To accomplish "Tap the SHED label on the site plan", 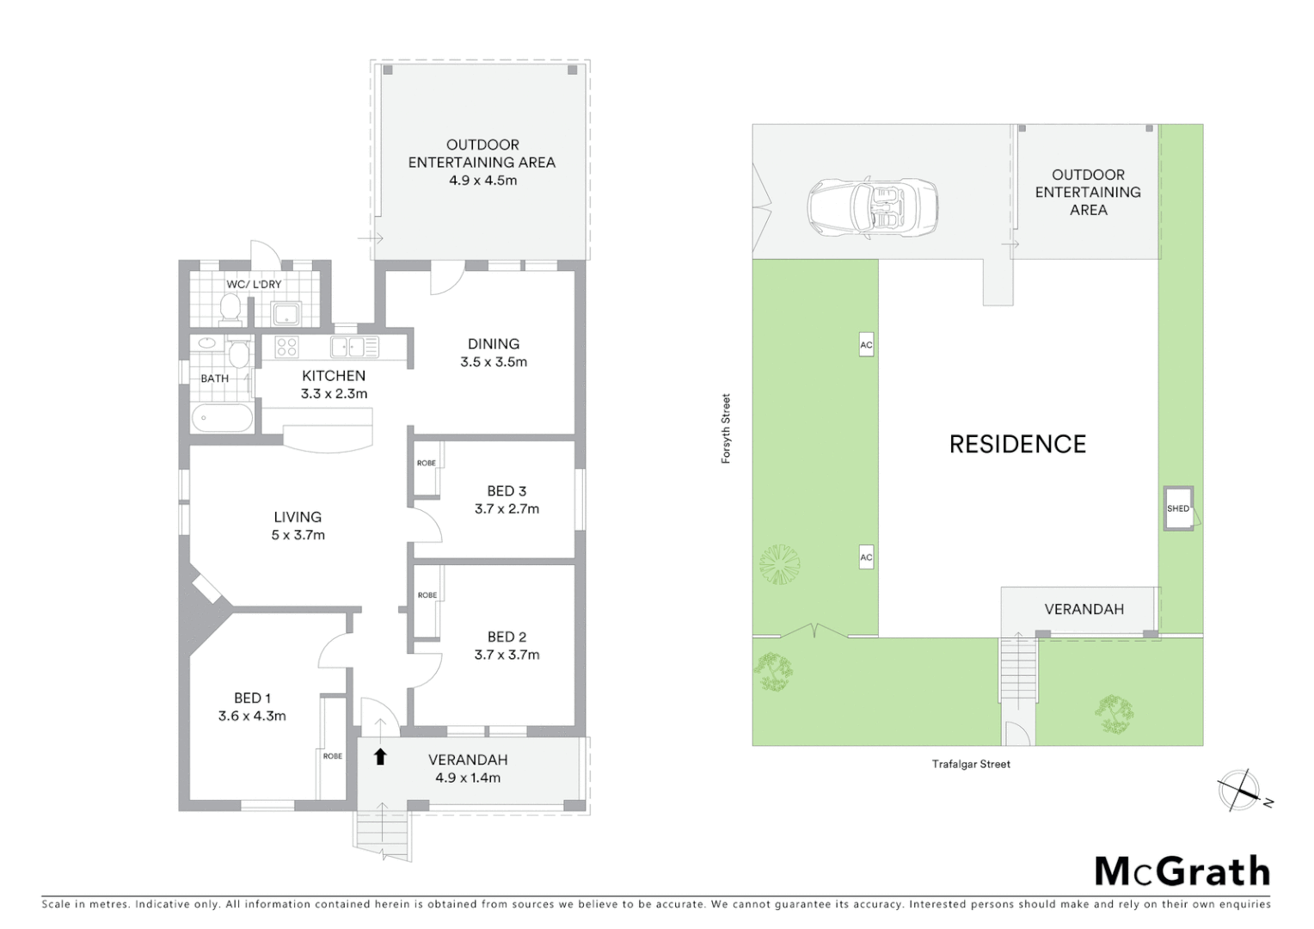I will (1177, 508).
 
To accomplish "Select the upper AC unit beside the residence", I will (866, 345).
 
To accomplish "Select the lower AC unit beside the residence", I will (866, 557).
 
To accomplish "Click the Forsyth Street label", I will (726, 428).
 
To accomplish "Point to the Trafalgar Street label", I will (971, 764).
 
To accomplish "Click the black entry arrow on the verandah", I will (380, 757).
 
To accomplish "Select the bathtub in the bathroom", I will (222, 419).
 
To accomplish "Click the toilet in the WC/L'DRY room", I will (230, 308).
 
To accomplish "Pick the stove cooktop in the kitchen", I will (286, 347).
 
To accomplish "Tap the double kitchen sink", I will (354, 347).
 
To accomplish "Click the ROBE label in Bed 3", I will (427, 463).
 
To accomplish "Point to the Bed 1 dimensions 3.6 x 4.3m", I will (252, 716).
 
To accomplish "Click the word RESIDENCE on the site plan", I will (1017, 444).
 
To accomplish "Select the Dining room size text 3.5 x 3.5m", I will (494, 362).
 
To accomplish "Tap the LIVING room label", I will (298, 517).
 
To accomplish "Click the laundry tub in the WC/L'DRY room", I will (286, 314).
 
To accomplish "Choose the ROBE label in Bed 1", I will (332, 756).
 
